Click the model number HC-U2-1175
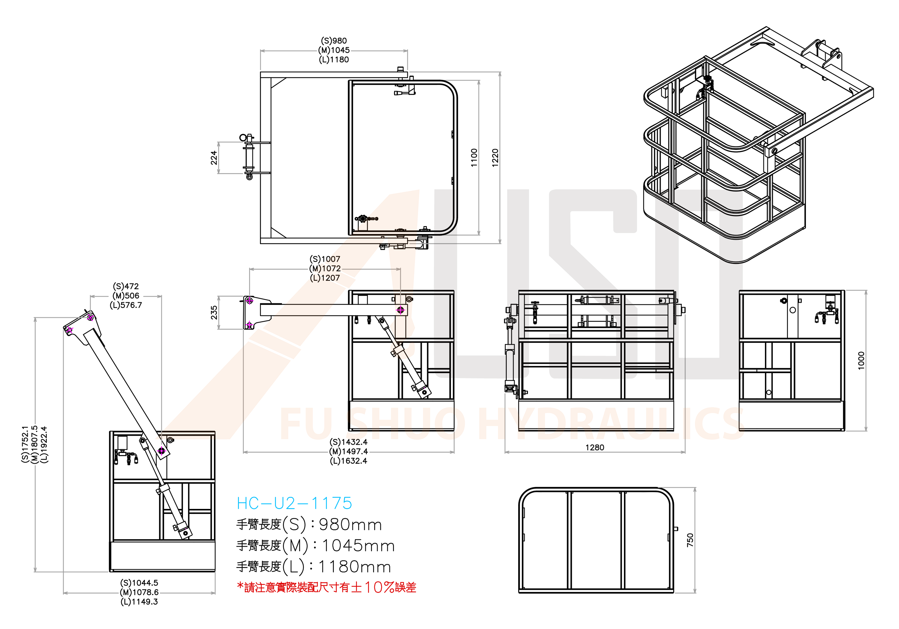point(294,503)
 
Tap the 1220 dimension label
point(495,158)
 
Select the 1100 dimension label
point(474,158)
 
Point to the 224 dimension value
point(214,157)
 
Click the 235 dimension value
point(214,312)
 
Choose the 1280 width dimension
point(594,447)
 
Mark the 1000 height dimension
point(861,360)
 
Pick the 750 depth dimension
point(690,540)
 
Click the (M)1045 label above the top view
point(334,50)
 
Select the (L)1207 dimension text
point(325,278)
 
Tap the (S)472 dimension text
point(126,286)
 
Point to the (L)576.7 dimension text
point(126,305)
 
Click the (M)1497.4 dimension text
point(348,451)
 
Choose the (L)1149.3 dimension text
point(139,602)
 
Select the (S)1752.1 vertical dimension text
point(26,444)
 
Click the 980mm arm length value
point(351,525)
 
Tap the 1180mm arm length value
point(354,567)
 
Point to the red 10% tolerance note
point(327,587)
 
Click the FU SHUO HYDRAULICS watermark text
point(509,423)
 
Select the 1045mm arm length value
point(358,546)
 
